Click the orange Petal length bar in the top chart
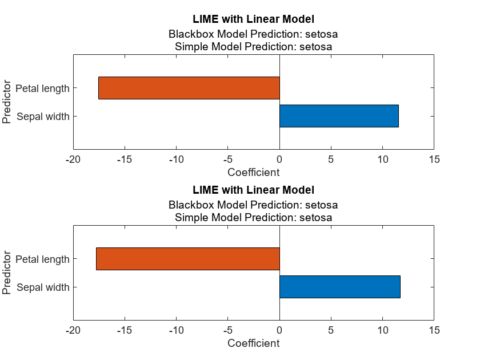click(x=189, y=88)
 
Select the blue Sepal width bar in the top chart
click(x=339, y=116)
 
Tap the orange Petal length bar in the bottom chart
click(x=187, y=259)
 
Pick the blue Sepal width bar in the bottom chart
click(x=339, y=287)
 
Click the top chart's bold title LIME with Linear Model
click(x=253, y=19)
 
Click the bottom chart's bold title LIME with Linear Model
click(x=253, y=190)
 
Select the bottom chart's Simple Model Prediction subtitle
click(x=253, y=218)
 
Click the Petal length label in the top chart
click(x=42, y=89)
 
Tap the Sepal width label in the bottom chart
click(x=43, y=287)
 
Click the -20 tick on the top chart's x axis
click(x=73, y=159)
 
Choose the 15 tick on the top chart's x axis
click(x=434, y=159)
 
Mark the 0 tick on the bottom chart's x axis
click(x=279, y=330)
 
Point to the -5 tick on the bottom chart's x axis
click(x=227, y=330)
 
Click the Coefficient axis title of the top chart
click(x=253, y=172)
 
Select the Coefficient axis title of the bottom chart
click(x=253, y=343)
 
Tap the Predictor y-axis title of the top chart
click(x=7, y=102)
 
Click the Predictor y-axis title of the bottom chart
click(x=7, y=273)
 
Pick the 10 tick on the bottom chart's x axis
click(x=382, y=330)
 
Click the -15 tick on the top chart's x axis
click(x=125, y=159)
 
